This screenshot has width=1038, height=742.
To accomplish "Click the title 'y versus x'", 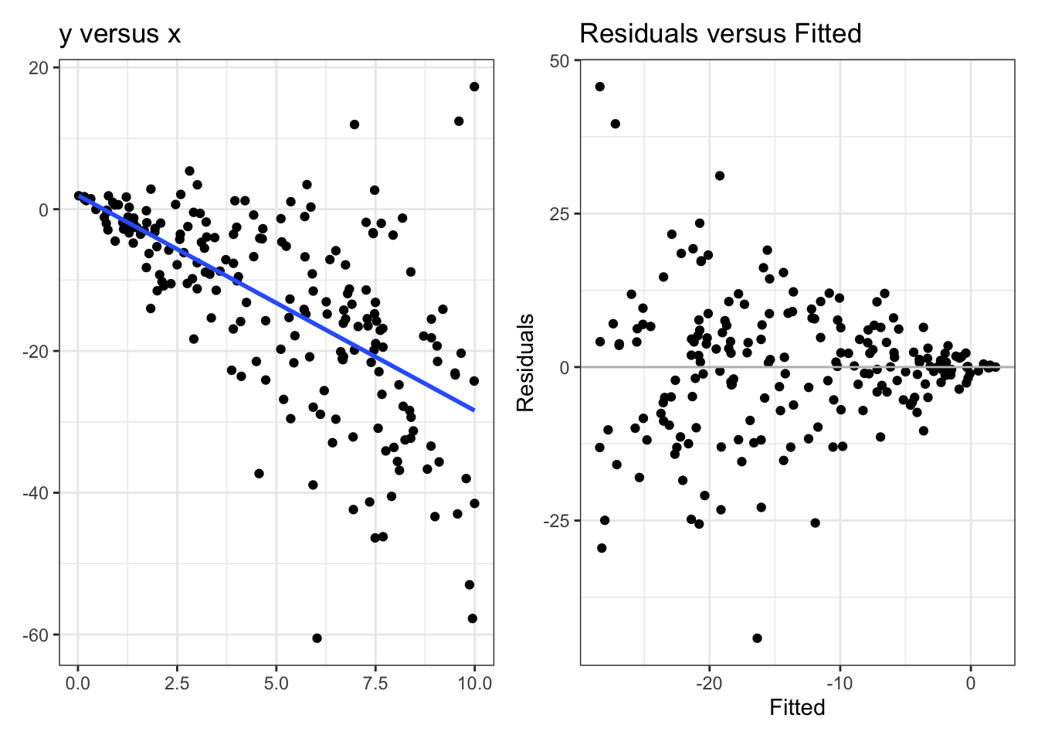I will click(x=120, y=34).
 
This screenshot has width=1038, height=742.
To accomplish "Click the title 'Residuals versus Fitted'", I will click(x=720, y=34).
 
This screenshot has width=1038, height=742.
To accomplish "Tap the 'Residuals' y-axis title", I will click(x=526, y=362).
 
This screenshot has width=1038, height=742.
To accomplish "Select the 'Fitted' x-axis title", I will click(x=797, y=707).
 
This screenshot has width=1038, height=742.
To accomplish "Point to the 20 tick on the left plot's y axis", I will click(x=39, y=68).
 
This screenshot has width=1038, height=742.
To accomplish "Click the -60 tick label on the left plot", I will click(x=35, y=635).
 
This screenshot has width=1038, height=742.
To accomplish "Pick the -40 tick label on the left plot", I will click(x=35, y=493).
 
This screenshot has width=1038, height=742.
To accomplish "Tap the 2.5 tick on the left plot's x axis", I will click(x=177, y=683).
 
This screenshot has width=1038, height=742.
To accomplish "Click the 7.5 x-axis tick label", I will click(x=375, y=683).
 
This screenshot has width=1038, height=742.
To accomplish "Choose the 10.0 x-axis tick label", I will click(x=474, y=683).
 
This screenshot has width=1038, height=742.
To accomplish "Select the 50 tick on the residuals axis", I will click(x=560, y=61).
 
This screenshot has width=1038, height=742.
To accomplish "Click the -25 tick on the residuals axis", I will click(x=557, y=521).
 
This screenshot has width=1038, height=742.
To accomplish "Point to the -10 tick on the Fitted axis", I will click(x=840, y=683).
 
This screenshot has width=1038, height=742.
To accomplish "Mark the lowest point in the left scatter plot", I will click(x=317, y=638).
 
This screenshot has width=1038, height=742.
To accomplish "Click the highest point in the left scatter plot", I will click(x=474, y=87).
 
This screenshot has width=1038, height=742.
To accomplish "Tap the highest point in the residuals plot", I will click(x=599, y=87).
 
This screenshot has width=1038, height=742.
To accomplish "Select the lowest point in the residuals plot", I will click(x=757, y=638).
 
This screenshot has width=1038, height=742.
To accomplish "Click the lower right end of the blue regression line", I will click(x=473, y=410).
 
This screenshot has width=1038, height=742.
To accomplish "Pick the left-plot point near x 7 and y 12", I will click(x=354, y=124).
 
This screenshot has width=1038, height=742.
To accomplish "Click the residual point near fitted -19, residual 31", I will click(x=720, y=175).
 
